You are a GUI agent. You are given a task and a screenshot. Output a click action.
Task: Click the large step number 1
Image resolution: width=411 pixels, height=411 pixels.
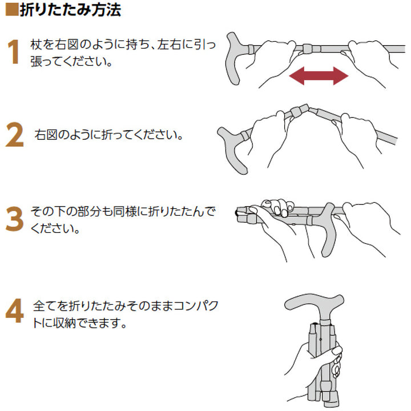(15, 53)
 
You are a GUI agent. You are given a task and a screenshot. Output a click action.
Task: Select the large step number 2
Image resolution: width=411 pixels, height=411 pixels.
(15, 136)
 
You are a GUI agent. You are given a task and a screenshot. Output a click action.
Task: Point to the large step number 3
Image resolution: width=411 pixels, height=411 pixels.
(15, 220)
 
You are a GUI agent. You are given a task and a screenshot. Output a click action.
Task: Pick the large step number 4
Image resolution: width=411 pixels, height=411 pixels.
(15, 312)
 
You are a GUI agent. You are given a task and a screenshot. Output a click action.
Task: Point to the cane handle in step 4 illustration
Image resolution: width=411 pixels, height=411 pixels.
(314, 305)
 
